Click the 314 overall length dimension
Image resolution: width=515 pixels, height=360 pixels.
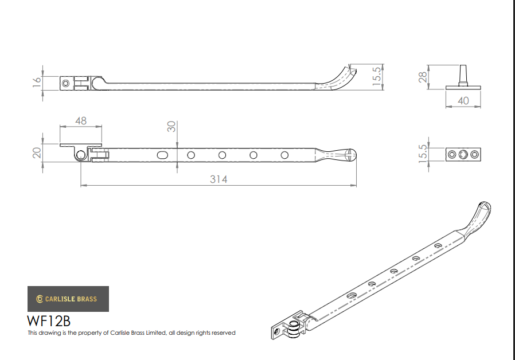coord(219,179)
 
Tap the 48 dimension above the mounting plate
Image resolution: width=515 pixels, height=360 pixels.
coord(81,121)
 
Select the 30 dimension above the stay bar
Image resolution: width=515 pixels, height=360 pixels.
coord(171,127)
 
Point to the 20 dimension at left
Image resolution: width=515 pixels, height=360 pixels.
coord(37,153)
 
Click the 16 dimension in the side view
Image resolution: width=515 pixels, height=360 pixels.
coord(37,81)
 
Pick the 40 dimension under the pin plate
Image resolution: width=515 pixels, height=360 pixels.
coord(463,101)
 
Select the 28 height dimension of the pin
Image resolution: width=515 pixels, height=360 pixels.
coord(423,77)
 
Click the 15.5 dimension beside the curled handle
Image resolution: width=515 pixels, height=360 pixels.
coord(377,76)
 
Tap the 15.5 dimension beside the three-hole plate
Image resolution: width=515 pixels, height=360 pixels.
coord(423,154)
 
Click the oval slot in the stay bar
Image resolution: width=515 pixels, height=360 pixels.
coord(162,155)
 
